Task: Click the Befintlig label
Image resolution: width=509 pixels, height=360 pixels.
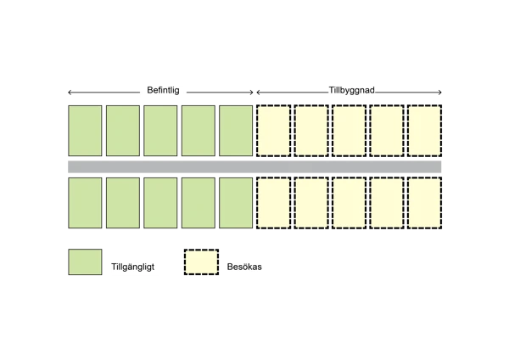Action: click(x=163, y=90)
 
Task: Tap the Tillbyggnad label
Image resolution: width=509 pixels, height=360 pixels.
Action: click(x=351, y=90)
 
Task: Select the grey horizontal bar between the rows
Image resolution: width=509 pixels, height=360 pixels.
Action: click(x=255, y=166)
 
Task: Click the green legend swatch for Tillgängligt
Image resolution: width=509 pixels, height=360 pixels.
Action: click(x=85, y=262)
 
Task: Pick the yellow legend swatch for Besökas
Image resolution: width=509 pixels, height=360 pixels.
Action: click(x=201, y=262)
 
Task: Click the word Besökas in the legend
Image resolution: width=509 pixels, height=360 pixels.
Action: click(x=244, y=267)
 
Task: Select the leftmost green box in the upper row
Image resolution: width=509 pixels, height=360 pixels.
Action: click(x=85, y=131)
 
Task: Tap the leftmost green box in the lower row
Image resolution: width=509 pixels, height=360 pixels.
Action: click(x=85, y=203)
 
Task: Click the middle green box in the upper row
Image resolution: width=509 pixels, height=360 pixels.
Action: click(x=160, y=131)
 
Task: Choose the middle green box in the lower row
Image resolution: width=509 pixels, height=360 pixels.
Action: click(x=160, y=203)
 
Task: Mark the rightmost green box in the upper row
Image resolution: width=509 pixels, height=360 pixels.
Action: click(x=236, y=131)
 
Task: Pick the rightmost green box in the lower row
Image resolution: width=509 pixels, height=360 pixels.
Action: click(x=236, y=203)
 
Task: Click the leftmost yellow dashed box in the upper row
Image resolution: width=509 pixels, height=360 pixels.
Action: click(x=273, y=131)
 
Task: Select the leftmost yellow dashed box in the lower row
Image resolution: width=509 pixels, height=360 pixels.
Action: click(x=273, y=203)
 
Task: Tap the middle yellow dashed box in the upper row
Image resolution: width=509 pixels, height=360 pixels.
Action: click(x=349, y=131)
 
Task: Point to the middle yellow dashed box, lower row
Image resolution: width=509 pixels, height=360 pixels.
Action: click(x=349, y=203)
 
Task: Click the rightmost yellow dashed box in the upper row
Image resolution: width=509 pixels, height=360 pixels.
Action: click(x=424, y=131)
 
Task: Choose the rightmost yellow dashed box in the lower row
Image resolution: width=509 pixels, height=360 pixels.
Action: click(x=424, y=203)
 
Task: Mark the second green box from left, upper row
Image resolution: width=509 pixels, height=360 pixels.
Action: click(x=123, y=131)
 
